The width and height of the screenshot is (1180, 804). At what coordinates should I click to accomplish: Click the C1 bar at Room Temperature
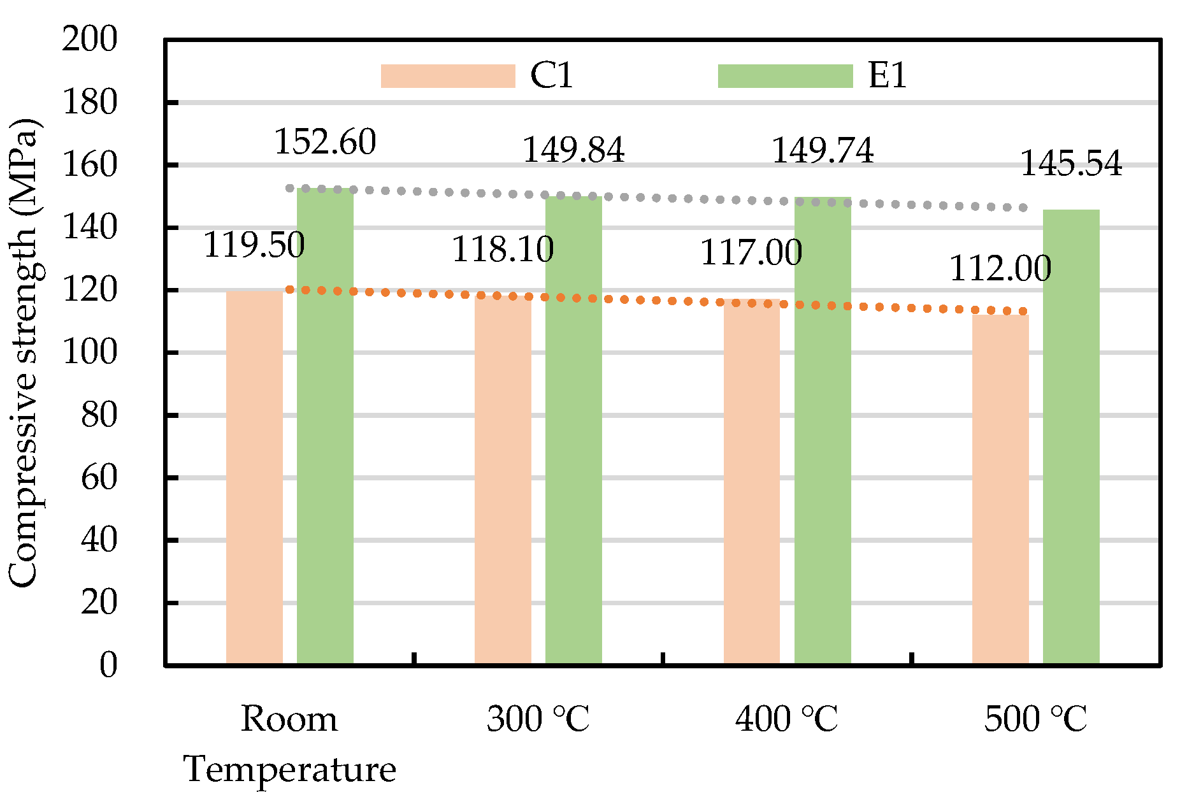click(x=254, y=478)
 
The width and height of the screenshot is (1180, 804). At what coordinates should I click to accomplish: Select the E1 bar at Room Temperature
click(x=325, y=427)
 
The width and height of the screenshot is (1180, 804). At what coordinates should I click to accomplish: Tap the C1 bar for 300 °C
click(x=503, y=480)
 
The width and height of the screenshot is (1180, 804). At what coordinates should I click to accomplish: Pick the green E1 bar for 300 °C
click(x=573, y=431)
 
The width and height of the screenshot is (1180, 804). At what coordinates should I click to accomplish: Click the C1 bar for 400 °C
click(x=752, y=482)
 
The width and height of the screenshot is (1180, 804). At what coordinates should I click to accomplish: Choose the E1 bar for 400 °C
click(x=823, y=431)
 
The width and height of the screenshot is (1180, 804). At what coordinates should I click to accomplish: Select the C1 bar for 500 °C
click(x=1000, y=490)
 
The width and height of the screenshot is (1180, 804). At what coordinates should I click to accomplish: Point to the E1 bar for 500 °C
click(x=1071, y=438)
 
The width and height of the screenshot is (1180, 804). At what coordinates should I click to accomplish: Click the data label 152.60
click(x=325, y=141)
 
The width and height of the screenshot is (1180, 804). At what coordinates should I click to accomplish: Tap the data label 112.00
click(x=1000, y=268)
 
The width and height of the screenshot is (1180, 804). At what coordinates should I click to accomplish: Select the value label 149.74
click(x=823, y=151)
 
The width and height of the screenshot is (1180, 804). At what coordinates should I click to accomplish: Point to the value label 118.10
click(x=503, y=249)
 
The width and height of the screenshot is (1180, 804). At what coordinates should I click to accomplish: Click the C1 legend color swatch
click(x=448, y=76)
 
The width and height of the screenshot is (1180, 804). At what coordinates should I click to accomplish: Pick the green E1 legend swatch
click(x=785, y=76)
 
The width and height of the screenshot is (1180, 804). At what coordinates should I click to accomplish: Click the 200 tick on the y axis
click(x=90, y=39)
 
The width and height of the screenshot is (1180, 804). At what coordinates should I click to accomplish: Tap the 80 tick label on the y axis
click(x=99, y=415)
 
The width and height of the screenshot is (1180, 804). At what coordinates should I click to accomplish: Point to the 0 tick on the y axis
click(x=108, y=664)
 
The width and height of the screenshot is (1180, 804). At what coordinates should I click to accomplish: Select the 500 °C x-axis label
click(x=1035, y=719)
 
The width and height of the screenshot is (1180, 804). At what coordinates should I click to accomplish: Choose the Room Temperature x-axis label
click(x=290, y=743)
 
